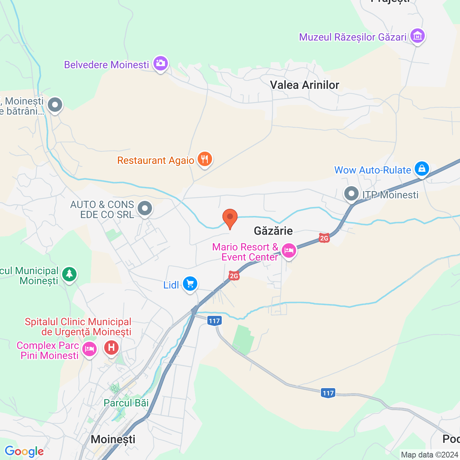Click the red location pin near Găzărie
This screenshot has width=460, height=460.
pos(230,218)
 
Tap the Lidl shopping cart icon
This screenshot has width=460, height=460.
pos(190,284)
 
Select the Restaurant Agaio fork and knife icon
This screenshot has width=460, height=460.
pos(204,159)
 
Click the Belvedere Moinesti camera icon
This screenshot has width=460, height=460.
pos(160,64)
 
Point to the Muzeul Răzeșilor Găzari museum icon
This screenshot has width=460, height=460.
pos(417,36)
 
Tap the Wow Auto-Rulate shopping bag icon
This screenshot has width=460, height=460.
pos(422,169)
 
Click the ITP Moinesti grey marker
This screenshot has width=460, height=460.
pos(351,194)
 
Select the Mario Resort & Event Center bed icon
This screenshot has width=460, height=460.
pos(289,250)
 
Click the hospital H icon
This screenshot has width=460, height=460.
pos(111,348)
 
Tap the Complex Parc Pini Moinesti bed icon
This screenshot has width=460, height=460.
pos(89,349)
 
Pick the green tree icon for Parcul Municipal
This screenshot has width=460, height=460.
pos(69,274)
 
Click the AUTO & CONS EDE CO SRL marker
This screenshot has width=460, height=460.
pos(145,208)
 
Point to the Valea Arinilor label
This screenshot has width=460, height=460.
pos(304,85)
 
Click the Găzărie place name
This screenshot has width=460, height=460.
pos(273,231)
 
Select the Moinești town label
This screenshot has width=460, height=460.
pos(113,439)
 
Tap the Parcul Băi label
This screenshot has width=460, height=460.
pos(126,403)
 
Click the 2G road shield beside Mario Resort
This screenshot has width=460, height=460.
pos(324,238)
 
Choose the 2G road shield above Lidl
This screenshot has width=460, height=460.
pos(234,276)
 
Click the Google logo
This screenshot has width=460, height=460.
pos(24,451)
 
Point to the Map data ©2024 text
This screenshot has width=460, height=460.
pos(429,455)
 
